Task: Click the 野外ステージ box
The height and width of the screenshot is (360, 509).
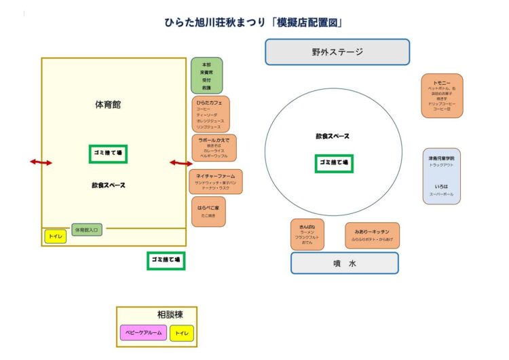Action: click(337, 52)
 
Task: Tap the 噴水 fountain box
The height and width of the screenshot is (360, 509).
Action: click(345, 263)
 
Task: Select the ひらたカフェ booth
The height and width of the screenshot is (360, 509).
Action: click(210, 113)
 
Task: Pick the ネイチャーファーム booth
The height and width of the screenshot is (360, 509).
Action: click(214, 181)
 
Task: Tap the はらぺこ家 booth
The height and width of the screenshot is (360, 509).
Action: click(208, 211)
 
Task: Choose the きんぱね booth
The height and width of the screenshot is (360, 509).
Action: click(307, 234)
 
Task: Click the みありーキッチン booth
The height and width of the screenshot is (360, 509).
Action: click(372, 235)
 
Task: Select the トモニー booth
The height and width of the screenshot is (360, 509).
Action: click(442, 96)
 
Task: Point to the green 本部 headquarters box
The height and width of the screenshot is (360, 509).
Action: click(206, 75)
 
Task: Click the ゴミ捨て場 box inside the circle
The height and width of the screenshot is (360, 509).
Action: click(334, 164)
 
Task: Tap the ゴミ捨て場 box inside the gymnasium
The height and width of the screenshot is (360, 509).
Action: click(108, 154)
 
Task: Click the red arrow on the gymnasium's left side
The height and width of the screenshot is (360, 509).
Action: click(40, 162)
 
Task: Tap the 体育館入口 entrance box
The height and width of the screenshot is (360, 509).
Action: click(87, 230)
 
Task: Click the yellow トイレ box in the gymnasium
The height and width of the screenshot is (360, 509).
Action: click(55, 237)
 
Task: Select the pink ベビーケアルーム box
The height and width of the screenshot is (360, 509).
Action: click(143, 334)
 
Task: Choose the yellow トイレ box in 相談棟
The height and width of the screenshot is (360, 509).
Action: click(181, 334)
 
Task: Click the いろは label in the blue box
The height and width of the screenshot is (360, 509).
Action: click(441, 185)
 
